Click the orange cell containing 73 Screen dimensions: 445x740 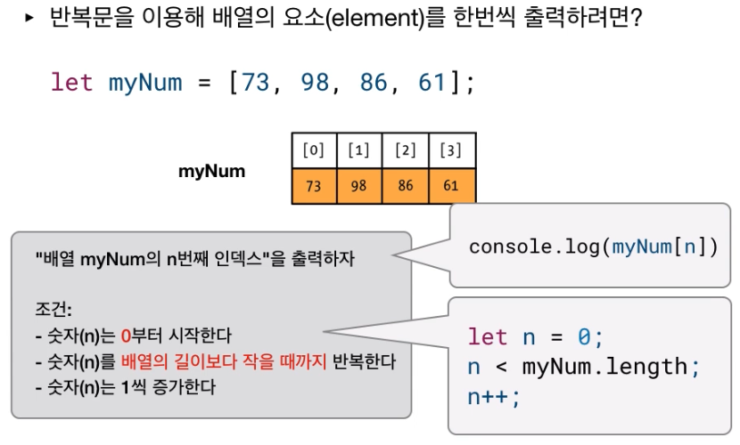[314, 187]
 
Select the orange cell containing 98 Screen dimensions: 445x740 [359, 187]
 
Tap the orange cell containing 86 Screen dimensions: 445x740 [406, 187]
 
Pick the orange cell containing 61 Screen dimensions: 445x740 [452, 187]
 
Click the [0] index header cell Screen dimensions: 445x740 [314, 150]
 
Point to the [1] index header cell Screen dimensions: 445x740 [359, 150]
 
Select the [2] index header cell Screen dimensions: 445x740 [406, 150]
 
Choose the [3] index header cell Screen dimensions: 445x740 [452, 150]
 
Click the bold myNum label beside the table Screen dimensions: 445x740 [212, 170]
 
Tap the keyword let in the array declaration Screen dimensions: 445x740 [72, 83]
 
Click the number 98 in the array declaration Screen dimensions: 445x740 [315, 83]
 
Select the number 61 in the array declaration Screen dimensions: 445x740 [431, 83]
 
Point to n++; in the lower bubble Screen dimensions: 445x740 [494, 395]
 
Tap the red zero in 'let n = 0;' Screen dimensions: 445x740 [584, 337]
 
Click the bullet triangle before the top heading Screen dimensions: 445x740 [29, 18]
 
